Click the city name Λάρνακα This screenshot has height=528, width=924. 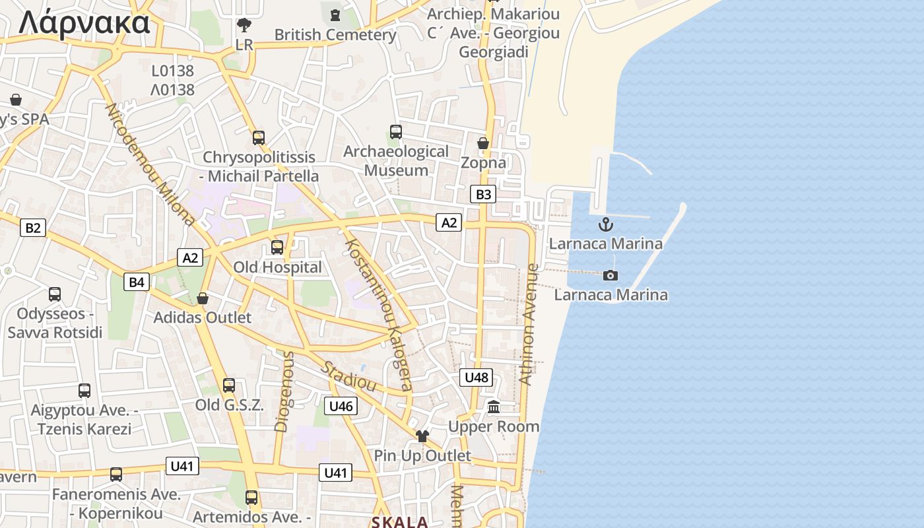[x=84, y=22]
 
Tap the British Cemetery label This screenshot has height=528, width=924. [x=335, y=34]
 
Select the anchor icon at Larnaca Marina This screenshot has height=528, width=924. [x=605, y=224]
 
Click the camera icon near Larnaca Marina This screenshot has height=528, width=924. [x=610, y=275]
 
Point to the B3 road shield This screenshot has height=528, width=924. [x=483, y=194]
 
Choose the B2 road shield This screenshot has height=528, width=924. [x=32, y=228]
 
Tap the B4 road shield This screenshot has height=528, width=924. [x=137, y=282]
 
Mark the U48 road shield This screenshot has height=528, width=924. [x=476, y=378]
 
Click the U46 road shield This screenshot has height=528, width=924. [x=341, y=406]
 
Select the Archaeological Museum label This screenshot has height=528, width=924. [x=396, y=160]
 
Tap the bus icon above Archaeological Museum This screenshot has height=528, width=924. [x=395, y=132]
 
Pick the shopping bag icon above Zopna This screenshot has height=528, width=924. [x=483, y=143]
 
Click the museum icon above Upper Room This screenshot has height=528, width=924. [x=494, y=407]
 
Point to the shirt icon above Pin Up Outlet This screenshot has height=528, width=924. [x=422, y=436]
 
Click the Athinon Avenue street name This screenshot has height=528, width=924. [x=529, y=325]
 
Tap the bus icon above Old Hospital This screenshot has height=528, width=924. [x=277, y=247]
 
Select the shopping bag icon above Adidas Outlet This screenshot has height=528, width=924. [x=203, y=298]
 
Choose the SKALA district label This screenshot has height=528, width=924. [x=400, y=522]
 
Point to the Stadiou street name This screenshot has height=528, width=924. [x=349, y=376]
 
